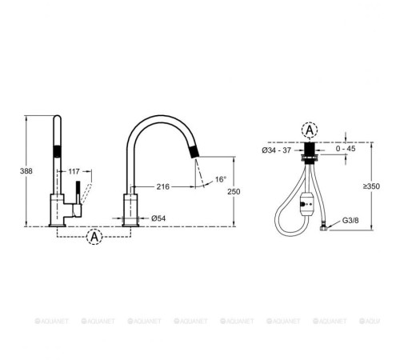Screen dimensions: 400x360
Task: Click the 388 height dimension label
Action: click(26, 171)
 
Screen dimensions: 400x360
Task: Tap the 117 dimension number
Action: click(74, 171)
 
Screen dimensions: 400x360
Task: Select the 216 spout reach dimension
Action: click(162, 186)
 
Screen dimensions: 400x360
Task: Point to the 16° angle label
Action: click(221, 179)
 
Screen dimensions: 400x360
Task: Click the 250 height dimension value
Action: click(234, 191)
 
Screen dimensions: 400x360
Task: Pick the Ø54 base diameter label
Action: click(158, 218)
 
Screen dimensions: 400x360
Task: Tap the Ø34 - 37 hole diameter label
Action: click(276, 150)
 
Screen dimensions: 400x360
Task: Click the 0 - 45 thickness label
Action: click(346, 149)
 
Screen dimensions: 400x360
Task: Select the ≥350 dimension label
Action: click(371, 186)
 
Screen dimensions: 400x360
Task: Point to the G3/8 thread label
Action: click(350, 221)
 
